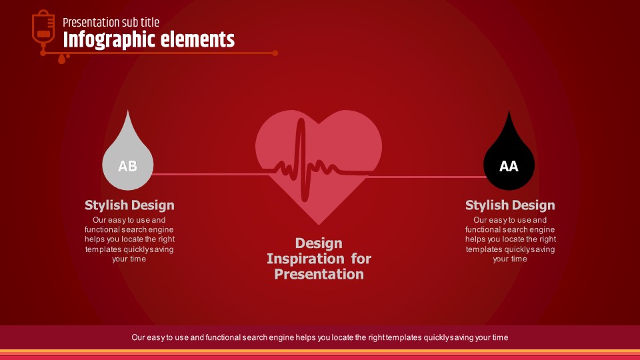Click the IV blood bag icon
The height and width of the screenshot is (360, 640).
(43, 29)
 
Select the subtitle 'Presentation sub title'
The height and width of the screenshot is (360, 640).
(111, 23)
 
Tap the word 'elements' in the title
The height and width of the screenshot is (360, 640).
(197, 39)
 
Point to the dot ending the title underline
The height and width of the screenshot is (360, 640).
(275, 53)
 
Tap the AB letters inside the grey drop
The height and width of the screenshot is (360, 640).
(127, 166)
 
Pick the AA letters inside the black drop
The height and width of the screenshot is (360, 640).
(509, 166)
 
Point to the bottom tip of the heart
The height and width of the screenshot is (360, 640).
(319, 225)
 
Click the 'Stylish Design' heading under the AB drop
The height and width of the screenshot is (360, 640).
(129, 205)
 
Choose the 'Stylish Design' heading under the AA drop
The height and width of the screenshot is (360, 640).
(510, 205)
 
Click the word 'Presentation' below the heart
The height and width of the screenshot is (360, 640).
(319, 274)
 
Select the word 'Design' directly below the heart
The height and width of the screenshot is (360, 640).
(319, 243)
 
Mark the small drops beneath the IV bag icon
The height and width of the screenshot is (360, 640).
(63, 59)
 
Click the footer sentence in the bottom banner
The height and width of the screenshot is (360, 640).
(319, 337)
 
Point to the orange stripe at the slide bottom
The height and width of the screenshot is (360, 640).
(320, 351)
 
